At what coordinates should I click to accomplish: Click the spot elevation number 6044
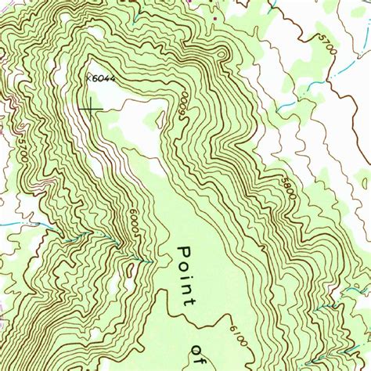click(103, 78)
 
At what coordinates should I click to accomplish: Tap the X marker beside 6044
click(88, 77)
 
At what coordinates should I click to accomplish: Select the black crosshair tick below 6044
click(91, 107)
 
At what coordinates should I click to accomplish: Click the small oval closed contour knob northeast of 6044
click(221, 54)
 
